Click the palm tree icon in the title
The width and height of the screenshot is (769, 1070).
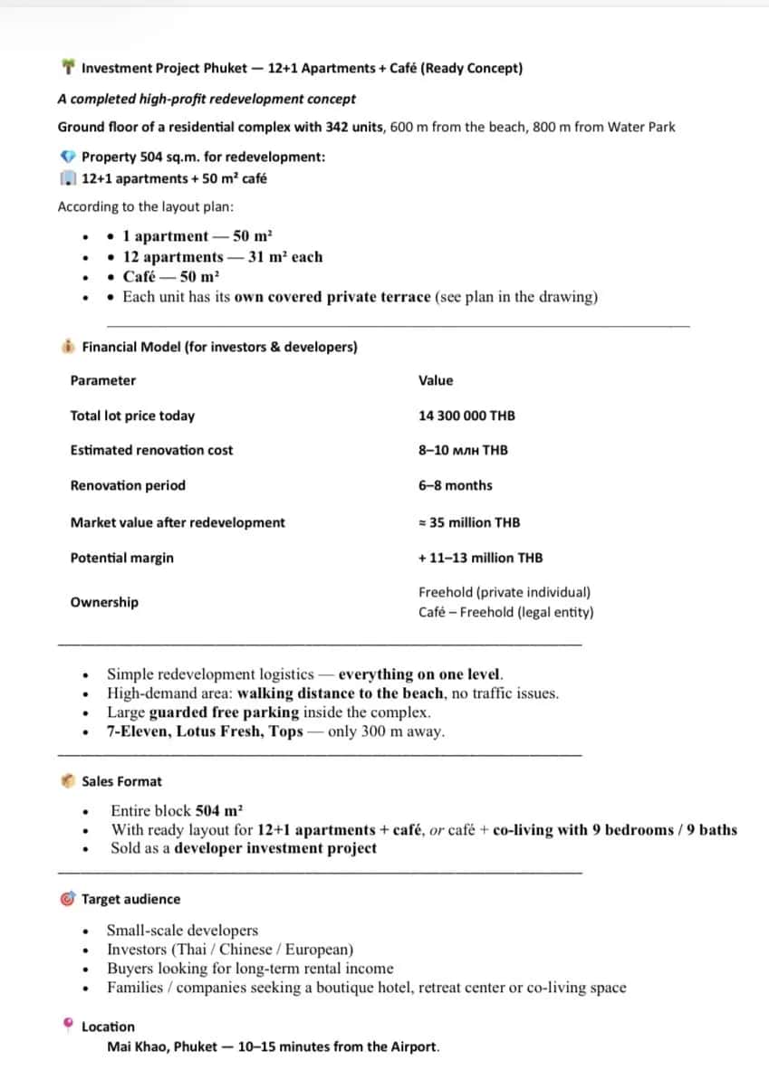pyautogui.click(x=68, y=68)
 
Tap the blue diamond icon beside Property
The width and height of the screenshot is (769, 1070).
pyautogui.click(x=68, y=157)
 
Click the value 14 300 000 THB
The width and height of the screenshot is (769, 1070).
pyautogui.click(x=466, y=416)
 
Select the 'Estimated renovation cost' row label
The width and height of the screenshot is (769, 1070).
pyautogui.click(x=151, y=450)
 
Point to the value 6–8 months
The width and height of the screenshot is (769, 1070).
pyautogui.click(x=456, y=485)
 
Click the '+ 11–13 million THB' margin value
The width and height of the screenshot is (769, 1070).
pyautogui.click(x=481, y=558)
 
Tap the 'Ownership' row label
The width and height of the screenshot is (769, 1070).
pyautogui.click(x=104, y=602)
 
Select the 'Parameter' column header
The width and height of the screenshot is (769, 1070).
pyautogui.click(x=103, y=380)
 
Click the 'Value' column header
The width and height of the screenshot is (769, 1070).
pyautogui.click(x=436, y=380)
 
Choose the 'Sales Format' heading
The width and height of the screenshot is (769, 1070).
pyautogui.click(x=122, y=781)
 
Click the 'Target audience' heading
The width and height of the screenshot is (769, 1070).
pyautogui.click(x=130, y=899)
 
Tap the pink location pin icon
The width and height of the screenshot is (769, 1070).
pyautogui.click(x=68, y=1026)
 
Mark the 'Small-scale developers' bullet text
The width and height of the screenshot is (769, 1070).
pyautogui.click(x=182, y=930)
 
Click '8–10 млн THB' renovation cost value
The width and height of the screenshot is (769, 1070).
pyautogui.click(x=463, y=450)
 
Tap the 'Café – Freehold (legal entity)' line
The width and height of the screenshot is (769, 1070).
pyautogui.click(x=506, y=612)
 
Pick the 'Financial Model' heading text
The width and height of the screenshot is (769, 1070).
pyautogui.click(x=131, y=347)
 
